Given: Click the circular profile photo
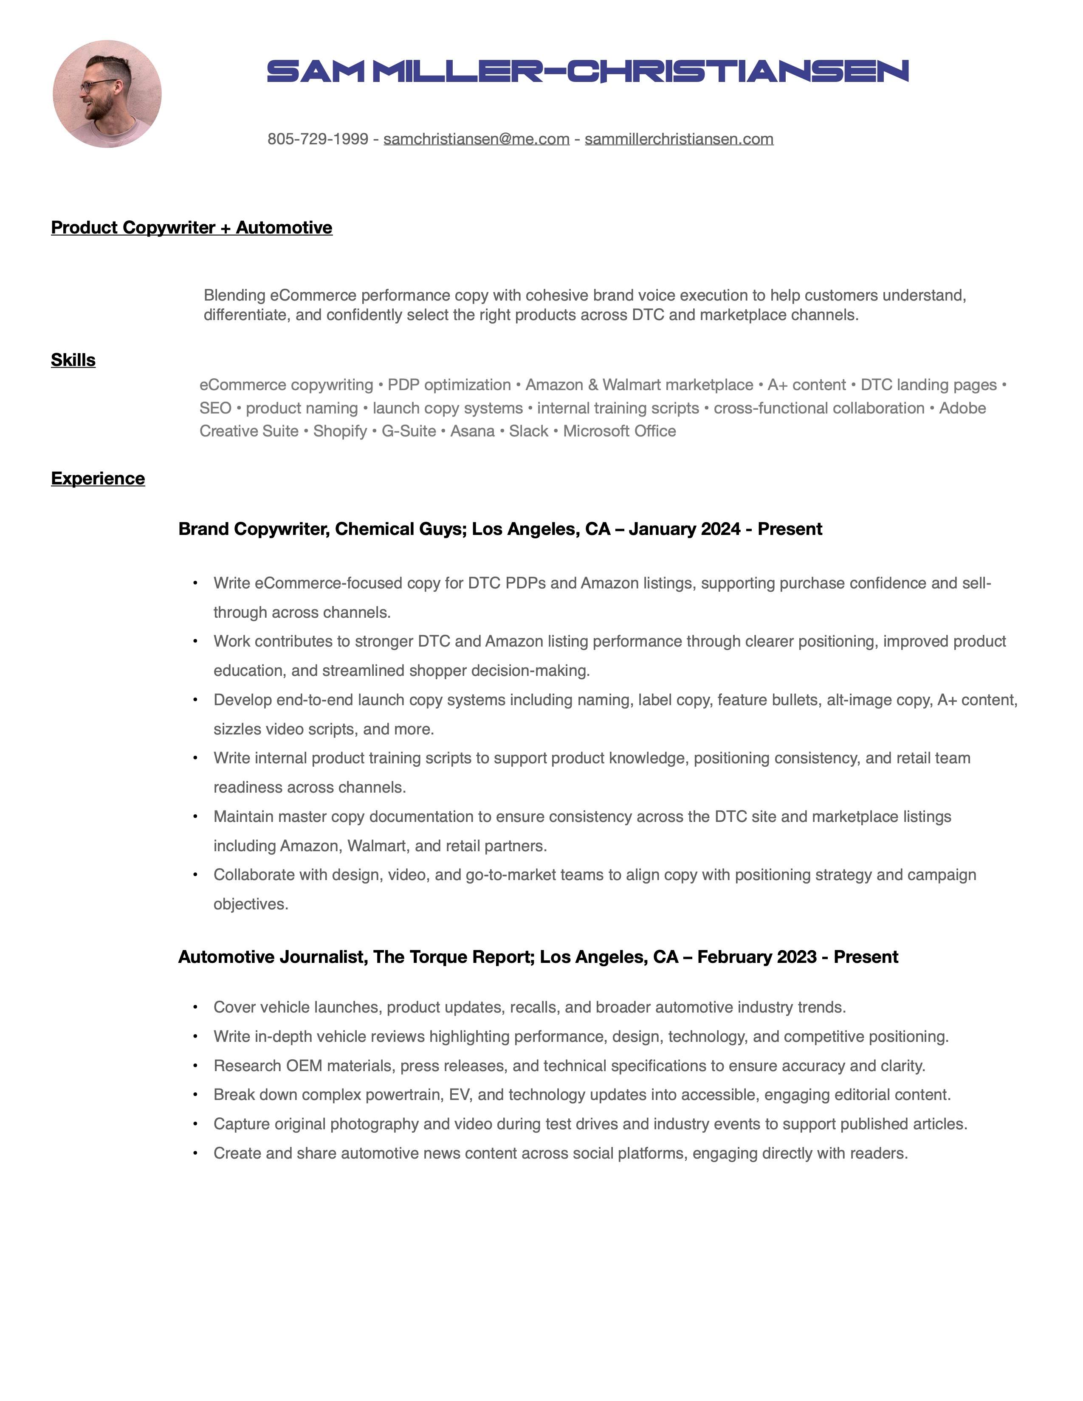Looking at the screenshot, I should tap(107, 94).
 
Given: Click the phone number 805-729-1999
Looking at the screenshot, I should tap(318, 139).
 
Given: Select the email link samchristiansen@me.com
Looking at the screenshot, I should tap(476, 139).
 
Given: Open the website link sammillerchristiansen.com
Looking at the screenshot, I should tap(679, 139).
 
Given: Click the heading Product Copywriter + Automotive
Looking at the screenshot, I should tap(191, 228).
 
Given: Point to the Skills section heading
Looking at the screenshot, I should tap(73, 360).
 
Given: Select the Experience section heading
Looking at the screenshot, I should tap(98, 478).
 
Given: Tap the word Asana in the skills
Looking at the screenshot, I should tap(472, 431).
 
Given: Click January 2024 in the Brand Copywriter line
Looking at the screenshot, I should tap(685, 529).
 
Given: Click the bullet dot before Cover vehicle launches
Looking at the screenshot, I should tap(195, 1008).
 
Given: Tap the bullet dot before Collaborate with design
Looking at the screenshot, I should tap(195, 875).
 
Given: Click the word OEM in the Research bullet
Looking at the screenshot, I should tap(304, 1066).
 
